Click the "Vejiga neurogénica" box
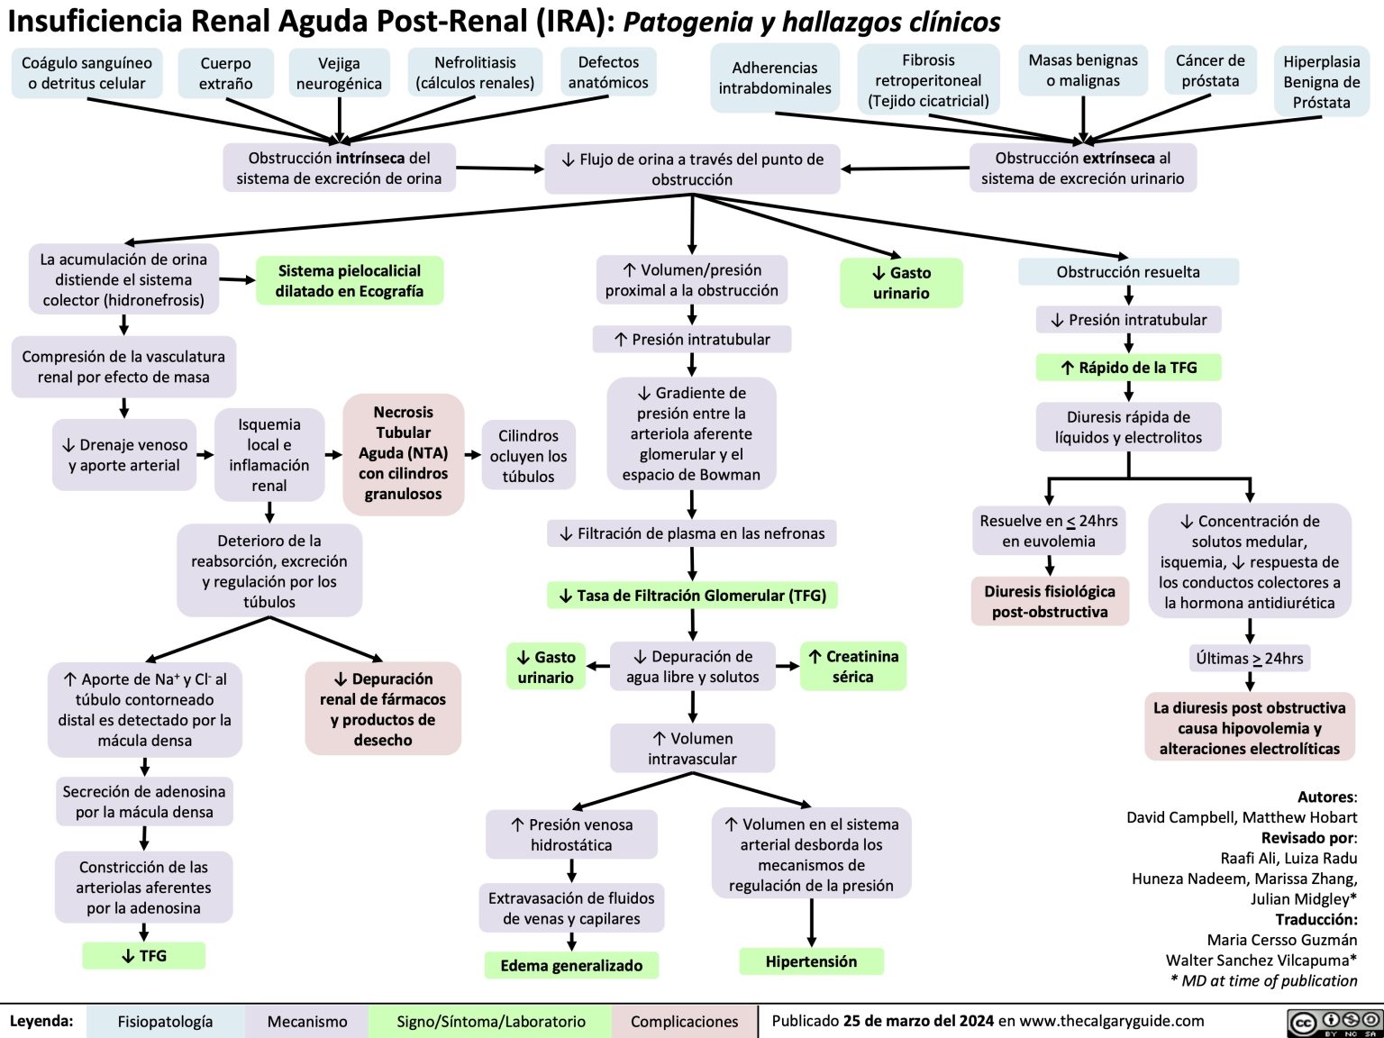pos(339,74)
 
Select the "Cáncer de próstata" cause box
pos(1209,71)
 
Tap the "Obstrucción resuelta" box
pos(1128,272)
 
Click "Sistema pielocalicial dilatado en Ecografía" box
pos(350,281)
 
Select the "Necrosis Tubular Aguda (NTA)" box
pos(403,453)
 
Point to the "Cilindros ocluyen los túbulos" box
pos(528,456)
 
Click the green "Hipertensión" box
pos(811,961)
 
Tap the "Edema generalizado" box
pos(571,966)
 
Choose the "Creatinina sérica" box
pos(853,667)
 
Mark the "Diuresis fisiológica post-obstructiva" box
pos(1050,602)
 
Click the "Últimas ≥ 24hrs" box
pos(1249,659)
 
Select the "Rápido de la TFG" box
pos(1128,368)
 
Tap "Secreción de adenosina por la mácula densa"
pos(144,802)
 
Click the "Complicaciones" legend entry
pos(684,1022)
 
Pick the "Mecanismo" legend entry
pos(307,1022)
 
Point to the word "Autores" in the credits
pos(1325,797)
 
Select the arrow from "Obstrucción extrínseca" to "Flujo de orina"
pos(905,168)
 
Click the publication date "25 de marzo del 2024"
pos(918,1021)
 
